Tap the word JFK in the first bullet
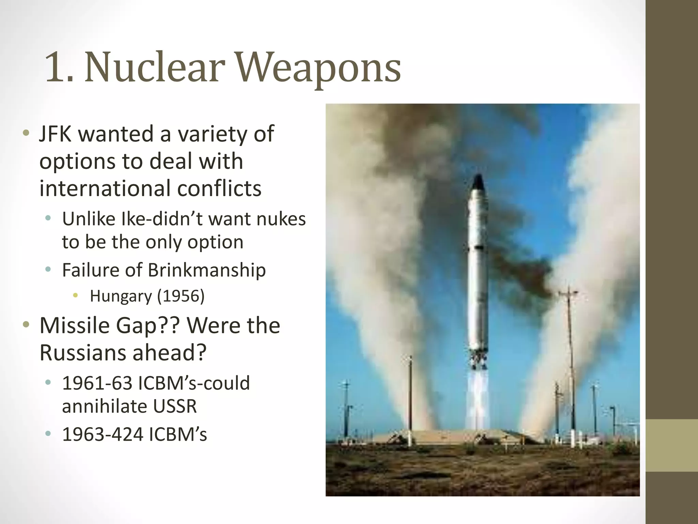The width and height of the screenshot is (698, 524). pyautogui.click(x=55, y=134)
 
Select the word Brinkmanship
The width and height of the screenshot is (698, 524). pyautogui.click(x=207, y=270)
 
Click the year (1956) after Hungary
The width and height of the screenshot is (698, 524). pyautogui.click(x=181, y=296)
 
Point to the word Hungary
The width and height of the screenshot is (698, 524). pyautogui.click(x=120, y=296)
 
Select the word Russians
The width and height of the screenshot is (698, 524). pyautogui.click(x=83, y=353)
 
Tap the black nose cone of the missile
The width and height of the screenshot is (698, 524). pyautogui.click(x=478, y=183)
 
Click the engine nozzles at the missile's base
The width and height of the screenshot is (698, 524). pyautogui.click(x=478, y=362)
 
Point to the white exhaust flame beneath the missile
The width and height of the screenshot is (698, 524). pyautogui.click(x=478, y=396)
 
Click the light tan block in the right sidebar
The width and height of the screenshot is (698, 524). pyautogui.click(x=672, y=445)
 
